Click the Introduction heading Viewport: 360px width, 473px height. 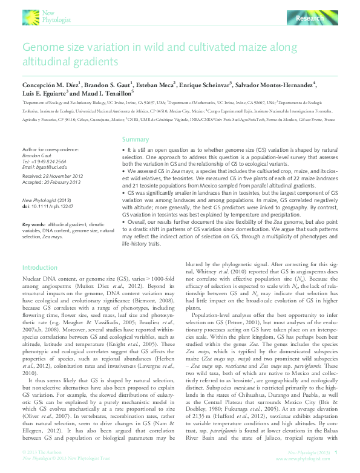tap(40, 267)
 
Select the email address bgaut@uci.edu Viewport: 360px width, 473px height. tap(41, 167)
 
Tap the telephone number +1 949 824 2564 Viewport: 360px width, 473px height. tap(46, 162)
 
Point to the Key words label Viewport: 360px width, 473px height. tap(33, 223)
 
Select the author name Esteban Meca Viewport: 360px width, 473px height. tap(159, 85)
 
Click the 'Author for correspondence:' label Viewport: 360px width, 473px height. tap(50, 149)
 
